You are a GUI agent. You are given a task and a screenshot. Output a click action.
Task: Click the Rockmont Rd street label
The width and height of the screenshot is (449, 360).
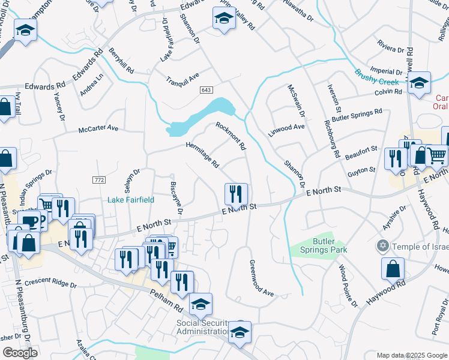(x=231, y=136)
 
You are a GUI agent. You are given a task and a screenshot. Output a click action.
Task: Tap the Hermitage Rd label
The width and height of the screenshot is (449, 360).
(x=203, y=154)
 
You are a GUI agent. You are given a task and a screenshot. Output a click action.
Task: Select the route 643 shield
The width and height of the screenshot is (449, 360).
(x=206, y=89)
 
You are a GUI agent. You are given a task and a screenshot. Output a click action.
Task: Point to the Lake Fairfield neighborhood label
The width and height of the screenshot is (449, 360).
(x=131, y=200)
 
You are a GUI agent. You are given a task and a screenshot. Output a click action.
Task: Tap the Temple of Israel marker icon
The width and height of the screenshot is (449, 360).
(x=382, y=247)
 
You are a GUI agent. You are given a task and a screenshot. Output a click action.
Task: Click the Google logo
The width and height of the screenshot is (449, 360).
(x=20, y=353)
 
